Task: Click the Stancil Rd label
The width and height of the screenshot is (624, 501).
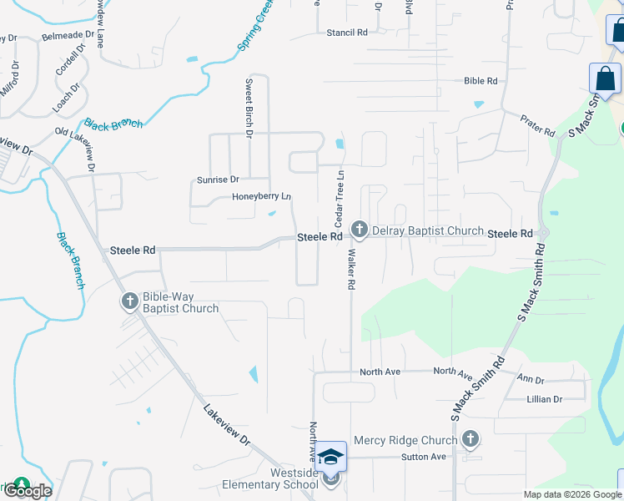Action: [x=346, y=33]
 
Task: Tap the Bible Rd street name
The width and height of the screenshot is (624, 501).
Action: [x=481, y=81]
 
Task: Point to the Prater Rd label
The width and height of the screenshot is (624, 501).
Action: [x=537, y=126]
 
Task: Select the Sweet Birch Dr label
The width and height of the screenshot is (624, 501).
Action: [x=249, y=108]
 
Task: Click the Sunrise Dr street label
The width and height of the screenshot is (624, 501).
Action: [x=218, y=180]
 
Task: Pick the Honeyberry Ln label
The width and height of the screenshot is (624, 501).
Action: [x=261, y=197]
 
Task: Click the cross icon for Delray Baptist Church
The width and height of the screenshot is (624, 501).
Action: [x=360, y=229]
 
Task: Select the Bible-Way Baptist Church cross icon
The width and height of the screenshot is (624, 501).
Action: [x=129, y=301]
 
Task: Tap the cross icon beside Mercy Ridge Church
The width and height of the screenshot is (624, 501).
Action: [x=471, y=438]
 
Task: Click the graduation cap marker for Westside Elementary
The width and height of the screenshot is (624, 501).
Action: [x=331, y=456]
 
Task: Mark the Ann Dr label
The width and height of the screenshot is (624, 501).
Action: [x=531, y=378]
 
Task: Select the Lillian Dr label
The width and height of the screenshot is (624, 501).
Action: [x=544, y=399]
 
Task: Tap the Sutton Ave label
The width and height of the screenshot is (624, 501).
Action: [x=424, y=457]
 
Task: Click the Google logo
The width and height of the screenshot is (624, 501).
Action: [x=28, y=491]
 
